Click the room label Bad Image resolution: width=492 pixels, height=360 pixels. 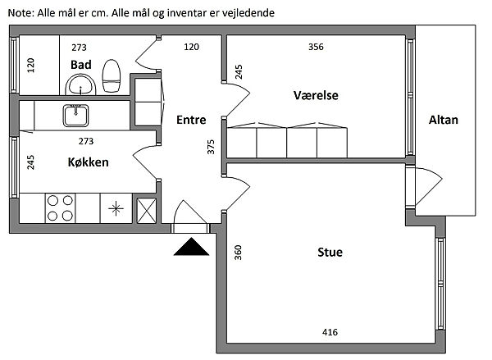click(80, 64)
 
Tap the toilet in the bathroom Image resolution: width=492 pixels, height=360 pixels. click(112, 75)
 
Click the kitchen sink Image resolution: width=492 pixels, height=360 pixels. click(75, 115)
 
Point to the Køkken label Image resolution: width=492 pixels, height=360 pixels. click(88, 162)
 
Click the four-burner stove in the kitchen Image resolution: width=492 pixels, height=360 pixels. click(59, 208)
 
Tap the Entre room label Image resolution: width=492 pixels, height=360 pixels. click(191, 120)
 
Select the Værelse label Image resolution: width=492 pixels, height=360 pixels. click(316, 96)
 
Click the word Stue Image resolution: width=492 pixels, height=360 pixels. click(330, 252)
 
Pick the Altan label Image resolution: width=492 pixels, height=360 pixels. click(444, 120)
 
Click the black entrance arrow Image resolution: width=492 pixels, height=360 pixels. click(192, 246)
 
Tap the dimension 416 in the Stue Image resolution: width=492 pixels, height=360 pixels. click(330, 332)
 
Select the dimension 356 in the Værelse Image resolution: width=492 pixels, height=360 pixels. click(316, 47)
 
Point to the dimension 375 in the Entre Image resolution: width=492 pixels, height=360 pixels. click(211, 146)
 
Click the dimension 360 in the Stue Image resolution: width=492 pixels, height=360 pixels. click(238, 252)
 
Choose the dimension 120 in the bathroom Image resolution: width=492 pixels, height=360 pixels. click(31, 66)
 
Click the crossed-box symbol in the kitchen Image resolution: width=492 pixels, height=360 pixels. click(146, 209)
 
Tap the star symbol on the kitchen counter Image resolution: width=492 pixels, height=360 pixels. click(116, 207)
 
